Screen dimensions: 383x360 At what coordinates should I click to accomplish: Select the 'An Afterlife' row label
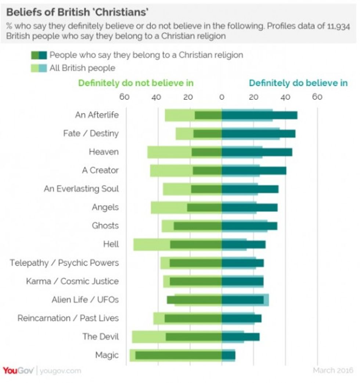[x=97, y=115]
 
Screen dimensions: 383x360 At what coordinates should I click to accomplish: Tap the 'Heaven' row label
[x=104, y=152]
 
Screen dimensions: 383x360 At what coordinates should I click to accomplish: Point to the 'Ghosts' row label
[x=105, y=226]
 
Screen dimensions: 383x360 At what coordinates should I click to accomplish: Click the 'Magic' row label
[x=107, y=355]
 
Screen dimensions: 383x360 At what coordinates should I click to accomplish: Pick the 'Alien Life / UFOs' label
[x=85, y=300]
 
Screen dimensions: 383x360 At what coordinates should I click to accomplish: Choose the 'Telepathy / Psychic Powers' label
[x=64, y=263]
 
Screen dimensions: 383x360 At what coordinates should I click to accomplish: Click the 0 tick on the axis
[x=222, y=97]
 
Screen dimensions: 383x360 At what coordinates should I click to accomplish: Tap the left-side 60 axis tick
[x=124, y=97]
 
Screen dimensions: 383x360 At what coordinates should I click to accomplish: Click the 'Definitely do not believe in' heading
[x=136, y=83]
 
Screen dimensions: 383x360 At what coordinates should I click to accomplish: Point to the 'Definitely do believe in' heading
[x=298, y=83]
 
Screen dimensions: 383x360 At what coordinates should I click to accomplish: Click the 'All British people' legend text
[x=82, y=68]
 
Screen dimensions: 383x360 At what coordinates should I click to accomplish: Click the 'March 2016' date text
[x=333, y=370]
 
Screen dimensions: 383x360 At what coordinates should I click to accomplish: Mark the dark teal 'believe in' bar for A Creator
[x=254, y=171]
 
